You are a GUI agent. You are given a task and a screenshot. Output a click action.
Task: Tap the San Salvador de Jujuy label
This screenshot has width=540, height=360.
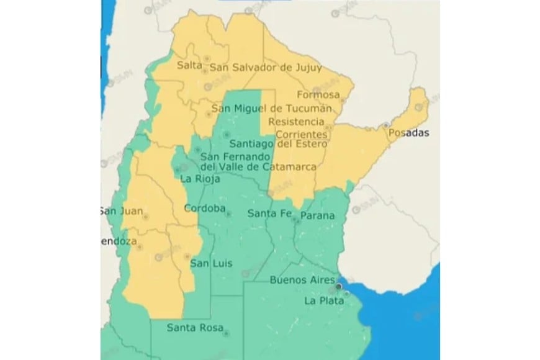(x=266, y=67)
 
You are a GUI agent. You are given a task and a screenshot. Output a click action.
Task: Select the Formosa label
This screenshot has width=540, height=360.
(x=318, y=95)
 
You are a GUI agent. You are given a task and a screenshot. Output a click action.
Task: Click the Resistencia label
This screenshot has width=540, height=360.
(x=296, y=122)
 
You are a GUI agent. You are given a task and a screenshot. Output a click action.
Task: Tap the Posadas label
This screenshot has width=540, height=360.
(x=408, y=133)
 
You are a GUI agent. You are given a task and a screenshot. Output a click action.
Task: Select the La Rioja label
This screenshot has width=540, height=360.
(x=196, y=179)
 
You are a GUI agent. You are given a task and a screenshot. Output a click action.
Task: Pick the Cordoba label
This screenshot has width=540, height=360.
(x=204, y=209)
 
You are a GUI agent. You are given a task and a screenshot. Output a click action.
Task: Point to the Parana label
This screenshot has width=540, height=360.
(x=317, y=216)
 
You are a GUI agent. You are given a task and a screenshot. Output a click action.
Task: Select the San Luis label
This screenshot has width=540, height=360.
(x=211, y=264)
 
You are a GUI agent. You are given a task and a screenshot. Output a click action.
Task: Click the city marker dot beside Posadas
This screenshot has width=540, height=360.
(x=386, y=125)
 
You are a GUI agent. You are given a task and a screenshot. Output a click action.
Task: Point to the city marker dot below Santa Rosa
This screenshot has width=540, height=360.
(x=226, y=334)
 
